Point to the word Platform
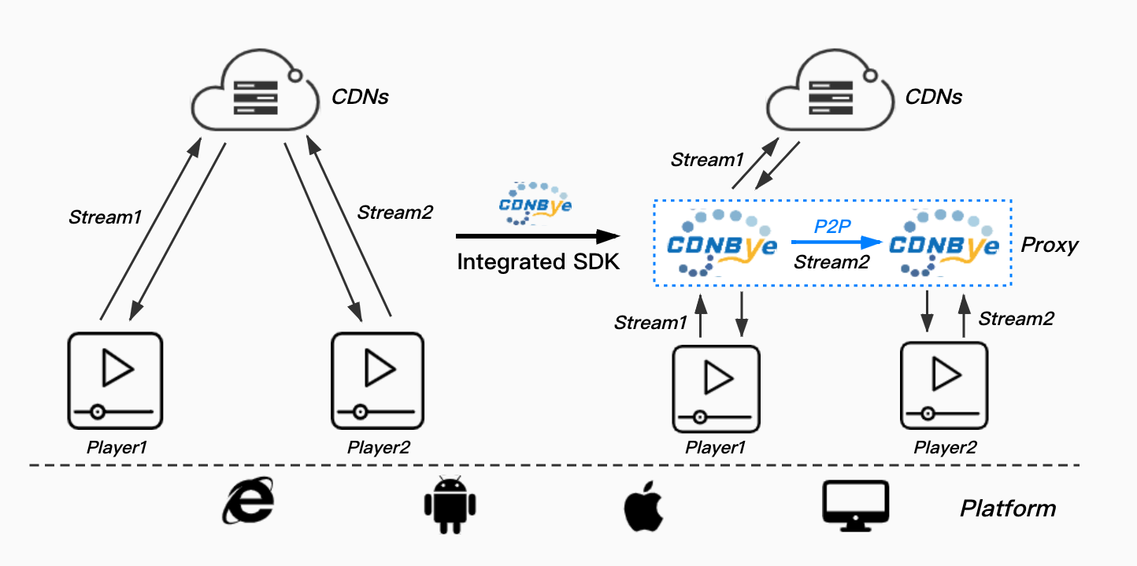[x=1007, y=508]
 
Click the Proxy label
[x=1049, y=245]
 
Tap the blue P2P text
[x=831, y=226]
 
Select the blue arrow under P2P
[x=834, y=243]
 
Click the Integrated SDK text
[x=539, y=262]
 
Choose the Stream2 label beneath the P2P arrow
[x=831, y=263]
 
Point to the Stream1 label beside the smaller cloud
[x=707, y=160]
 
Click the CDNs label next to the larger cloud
[x=361, y=98]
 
